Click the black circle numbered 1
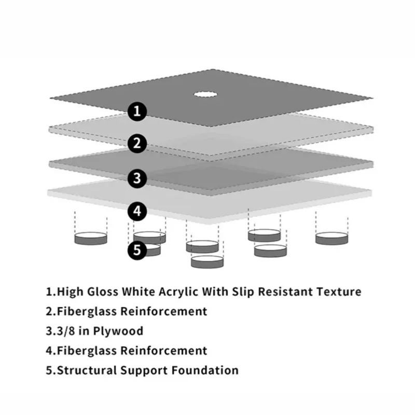(137, 110)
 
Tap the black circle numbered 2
(137, 144)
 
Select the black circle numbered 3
(137, 178)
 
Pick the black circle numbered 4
(137, 211)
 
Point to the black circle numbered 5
(137, 250)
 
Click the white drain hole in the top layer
(206, 94)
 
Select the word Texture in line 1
(338, 292)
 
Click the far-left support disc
(91, 239)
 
